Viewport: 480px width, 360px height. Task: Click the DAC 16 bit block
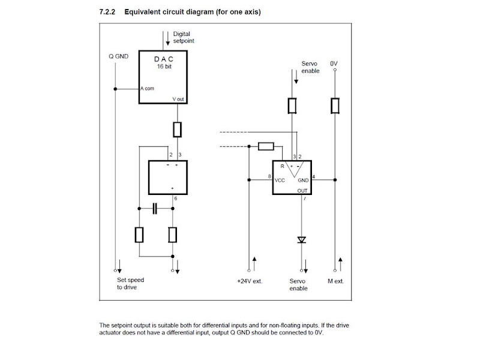click(x=163, y=77)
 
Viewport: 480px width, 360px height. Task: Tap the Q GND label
click(x=118, y=56)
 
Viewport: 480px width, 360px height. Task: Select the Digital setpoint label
click(x=184, y=37)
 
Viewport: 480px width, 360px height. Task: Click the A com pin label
click(x=147, y=88)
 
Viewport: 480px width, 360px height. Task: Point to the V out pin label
click(x=178, y=99)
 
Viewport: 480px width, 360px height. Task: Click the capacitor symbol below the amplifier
click(x=155, y=208)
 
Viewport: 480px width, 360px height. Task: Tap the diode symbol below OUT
click(x=302, y=239)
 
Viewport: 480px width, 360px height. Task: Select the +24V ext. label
click(x=250, y=281)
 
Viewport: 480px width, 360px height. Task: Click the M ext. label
click(x=336, y=281)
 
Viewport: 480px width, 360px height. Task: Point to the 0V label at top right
click(x=334, y=64)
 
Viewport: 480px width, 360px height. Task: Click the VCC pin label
click(x=280, y=181)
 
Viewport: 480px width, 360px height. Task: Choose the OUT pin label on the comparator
click(x=302, y=191)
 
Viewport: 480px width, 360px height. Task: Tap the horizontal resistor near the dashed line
click(x=266, y=146)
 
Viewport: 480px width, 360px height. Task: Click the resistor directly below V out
click(x=177, y=130)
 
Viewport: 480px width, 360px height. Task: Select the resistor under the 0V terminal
click(x=335, y=106)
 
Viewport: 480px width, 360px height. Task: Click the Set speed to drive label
click(x=130, y=283)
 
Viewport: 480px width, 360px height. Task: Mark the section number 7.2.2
click(x=107, y=12)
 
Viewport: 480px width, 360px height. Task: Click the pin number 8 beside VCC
click(x=269, y=176)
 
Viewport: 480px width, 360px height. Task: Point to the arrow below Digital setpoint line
click(x=168, y=38)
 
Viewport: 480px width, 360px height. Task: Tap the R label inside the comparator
click(x=282, y=166)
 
